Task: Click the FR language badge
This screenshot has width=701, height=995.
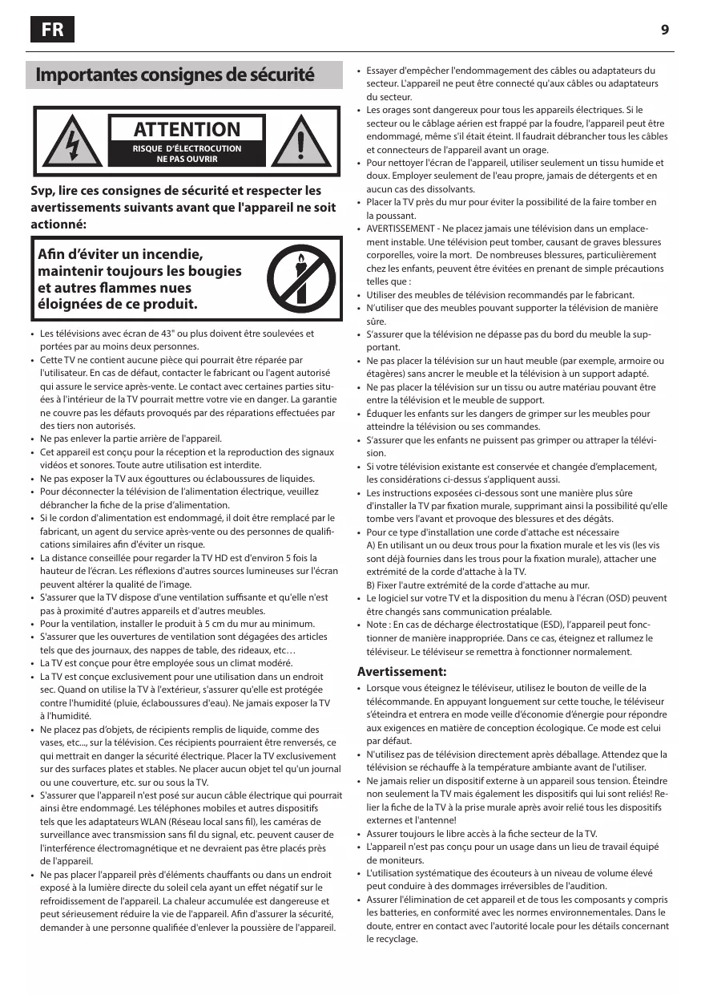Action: [x=52, y=30]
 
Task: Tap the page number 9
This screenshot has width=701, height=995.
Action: [x=665, y=30]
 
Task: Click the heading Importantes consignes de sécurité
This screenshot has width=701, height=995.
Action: [x=175, y=75]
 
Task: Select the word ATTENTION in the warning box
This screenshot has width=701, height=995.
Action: [x=187, y=129]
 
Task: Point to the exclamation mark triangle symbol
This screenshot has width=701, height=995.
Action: [x=301, y=143]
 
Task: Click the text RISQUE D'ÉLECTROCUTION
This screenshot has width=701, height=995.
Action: [x=187, y=148]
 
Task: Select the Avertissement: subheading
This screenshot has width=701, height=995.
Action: [x=401, y=671]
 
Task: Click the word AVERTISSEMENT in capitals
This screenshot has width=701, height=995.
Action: [x=401, y=229]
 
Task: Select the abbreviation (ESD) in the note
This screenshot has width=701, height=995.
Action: [x=521, y=625]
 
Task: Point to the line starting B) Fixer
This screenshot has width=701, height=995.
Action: [x=477, y=585]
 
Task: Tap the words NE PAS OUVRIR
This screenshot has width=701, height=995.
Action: [x=187, y=159]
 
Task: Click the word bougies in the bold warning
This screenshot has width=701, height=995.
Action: [x=215, y=271]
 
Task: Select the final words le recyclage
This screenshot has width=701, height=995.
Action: [x=392, y=939]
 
